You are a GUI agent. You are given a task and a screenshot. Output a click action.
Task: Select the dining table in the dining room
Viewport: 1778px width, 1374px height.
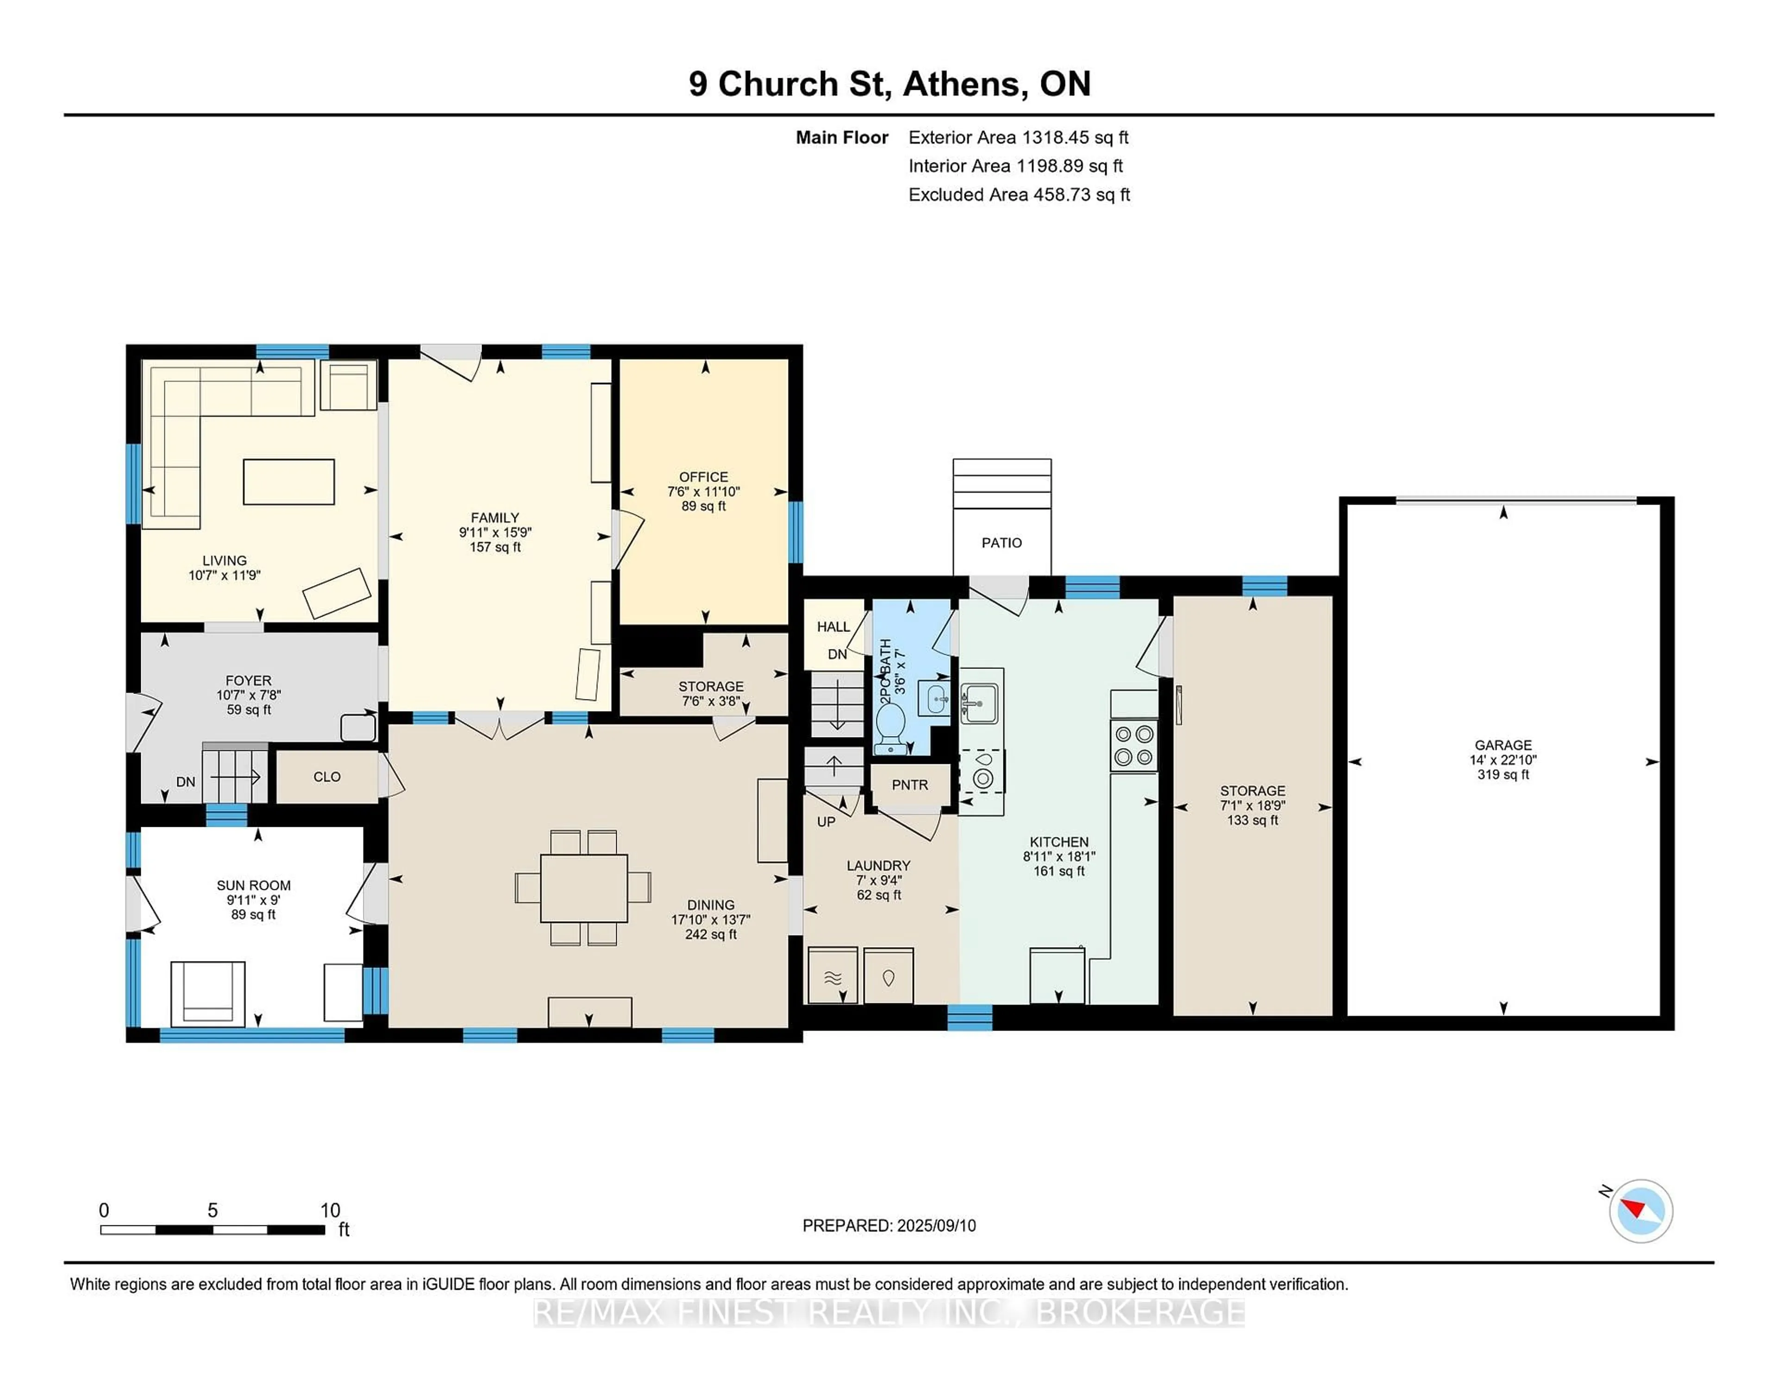coord(584,888)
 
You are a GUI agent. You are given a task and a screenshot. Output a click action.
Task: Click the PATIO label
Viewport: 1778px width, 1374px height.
coord(1002,543)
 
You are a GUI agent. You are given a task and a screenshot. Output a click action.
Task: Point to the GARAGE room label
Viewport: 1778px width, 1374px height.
coord(1503,745)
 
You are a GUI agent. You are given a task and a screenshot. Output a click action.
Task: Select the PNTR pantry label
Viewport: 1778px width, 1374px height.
coord(909,785)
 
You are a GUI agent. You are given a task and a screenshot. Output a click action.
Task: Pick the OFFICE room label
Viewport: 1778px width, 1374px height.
coord(703,477)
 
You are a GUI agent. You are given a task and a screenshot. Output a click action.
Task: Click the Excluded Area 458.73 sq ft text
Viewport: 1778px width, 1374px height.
coord(1019,194)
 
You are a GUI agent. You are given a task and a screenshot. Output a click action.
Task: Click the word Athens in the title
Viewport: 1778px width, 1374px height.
coord(961,84)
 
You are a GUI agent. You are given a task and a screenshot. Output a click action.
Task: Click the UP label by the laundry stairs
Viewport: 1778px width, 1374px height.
coord(826,822)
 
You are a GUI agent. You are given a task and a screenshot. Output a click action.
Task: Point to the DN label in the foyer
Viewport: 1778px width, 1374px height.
coord(186,781)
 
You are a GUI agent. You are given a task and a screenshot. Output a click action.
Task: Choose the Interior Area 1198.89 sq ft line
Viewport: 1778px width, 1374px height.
coord(1015,166)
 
